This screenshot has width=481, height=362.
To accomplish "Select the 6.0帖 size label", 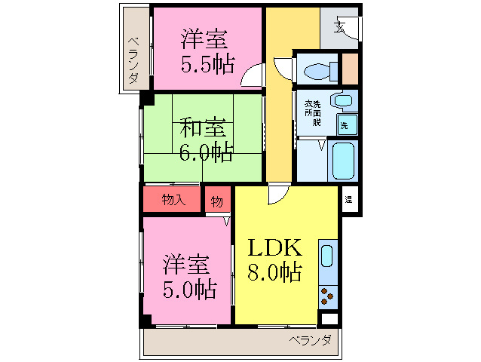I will (x=205, y=152).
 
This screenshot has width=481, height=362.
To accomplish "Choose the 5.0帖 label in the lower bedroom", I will (x=188, y=288).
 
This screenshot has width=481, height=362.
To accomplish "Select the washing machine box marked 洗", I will (x=345, y=124).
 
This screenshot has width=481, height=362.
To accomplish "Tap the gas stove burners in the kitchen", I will (x=328, y=296).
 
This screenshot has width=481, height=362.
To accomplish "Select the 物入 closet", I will (x=173, y=200).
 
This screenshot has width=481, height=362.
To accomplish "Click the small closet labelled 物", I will (x=217, y=201).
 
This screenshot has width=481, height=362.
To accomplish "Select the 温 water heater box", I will (x=348, y=200).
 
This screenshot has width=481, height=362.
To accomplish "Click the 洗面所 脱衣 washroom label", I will (x=312, y=112).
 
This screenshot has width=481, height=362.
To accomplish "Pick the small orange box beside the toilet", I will (x=350, y=69).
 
